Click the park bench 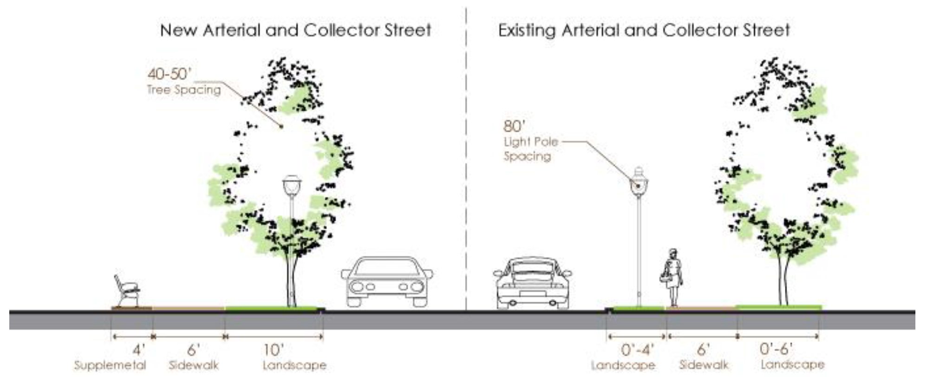coord(127,291)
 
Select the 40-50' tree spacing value coord(169,74)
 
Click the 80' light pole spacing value coord(514,126)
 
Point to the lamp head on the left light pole coord(292,186)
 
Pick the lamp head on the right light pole coord(639,183)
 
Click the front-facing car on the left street coord(386,281)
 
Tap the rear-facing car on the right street coord(532,282)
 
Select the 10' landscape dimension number coord(274,350)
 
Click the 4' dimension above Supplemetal coord(139,350)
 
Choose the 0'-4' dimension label coord(637,349)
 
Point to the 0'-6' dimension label coord(776,349)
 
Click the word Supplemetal coord(110,365)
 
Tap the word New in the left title coord(178,31)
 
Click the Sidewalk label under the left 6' coord(193,365)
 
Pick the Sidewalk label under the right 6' coord(704,365)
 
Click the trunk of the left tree coord(291,283)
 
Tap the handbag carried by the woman coord(664,278)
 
